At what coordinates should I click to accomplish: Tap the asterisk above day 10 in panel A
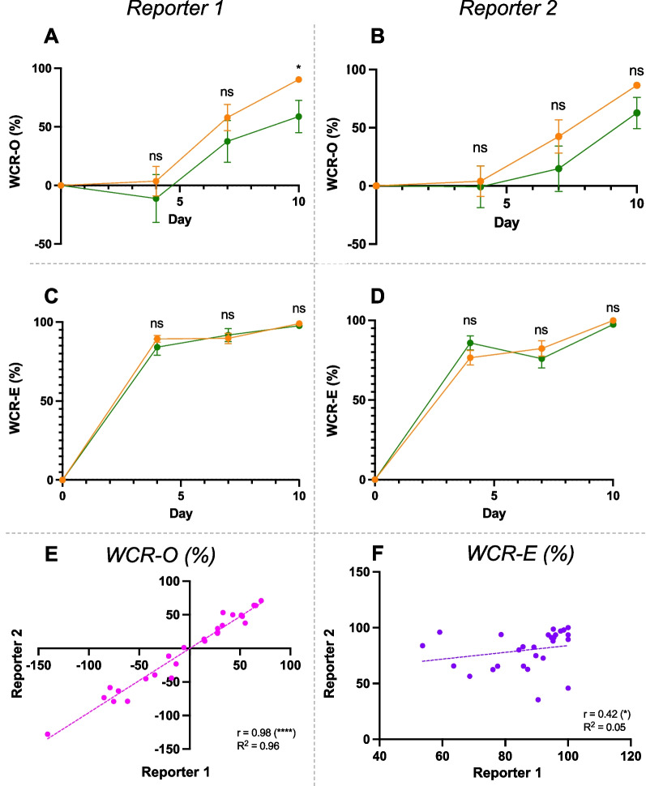coord(299,66)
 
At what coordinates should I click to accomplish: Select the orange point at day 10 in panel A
coord(299,79)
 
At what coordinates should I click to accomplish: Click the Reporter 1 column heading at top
coord(180,9)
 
